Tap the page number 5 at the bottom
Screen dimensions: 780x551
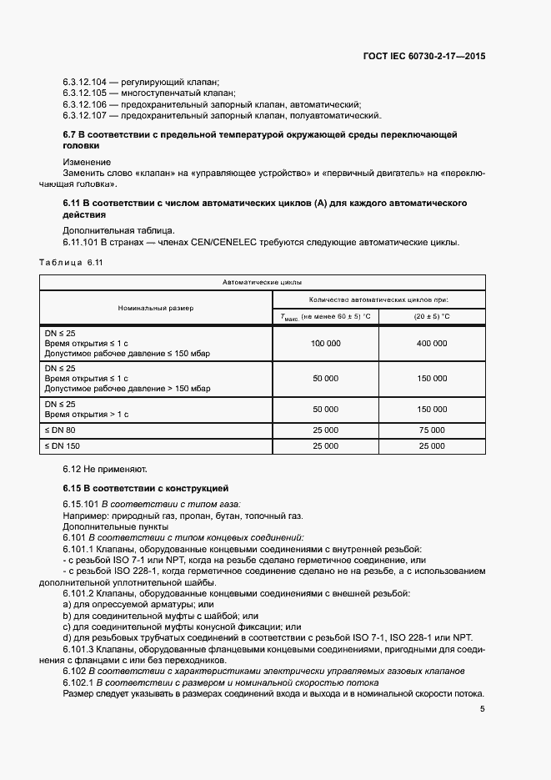483,710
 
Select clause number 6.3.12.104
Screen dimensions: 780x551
85,82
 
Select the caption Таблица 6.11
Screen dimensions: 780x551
70,264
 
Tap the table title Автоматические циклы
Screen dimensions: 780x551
263,283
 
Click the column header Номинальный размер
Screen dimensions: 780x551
155,308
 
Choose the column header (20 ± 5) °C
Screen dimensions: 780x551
432,316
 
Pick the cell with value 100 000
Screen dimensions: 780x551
325,343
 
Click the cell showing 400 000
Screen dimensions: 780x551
432,343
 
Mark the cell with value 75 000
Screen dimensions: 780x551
432,430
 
